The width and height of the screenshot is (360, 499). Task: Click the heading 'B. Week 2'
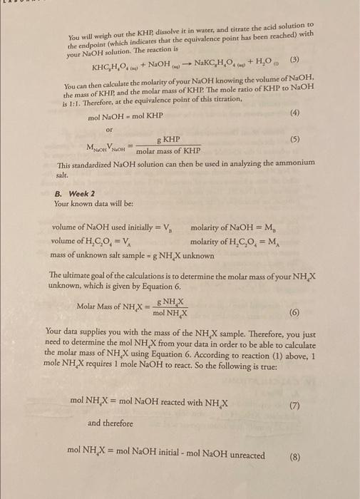(x=71, y=192)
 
